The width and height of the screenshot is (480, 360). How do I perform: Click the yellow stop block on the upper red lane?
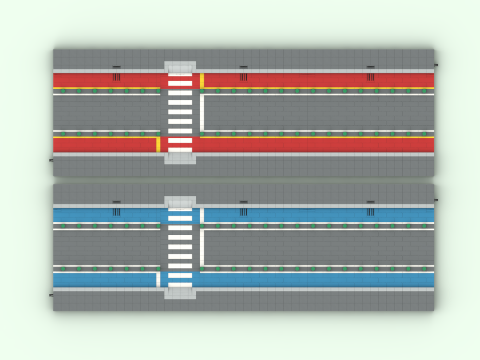click(202, 80)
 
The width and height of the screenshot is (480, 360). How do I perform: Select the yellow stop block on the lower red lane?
click(158, 144)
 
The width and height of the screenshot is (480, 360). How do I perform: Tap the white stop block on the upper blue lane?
click(202, 215)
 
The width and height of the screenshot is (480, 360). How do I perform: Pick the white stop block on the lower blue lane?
click(158, 279)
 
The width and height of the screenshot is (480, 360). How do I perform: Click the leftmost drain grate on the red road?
click(116, 77)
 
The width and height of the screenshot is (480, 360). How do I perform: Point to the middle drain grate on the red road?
click(243, 77)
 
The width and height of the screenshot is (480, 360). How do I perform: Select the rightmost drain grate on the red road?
click(370, 77)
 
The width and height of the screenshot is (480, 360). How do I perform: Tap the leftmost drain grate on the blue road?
click(116, 212)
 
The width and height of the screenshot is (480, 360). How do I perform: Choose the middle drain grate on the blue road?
click(243, 212)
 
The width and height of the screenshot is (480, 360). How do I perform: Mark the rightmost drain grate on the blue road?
click(370, 212)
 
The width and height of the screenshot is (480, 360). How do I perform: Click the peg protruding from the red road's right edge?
click(436, 64)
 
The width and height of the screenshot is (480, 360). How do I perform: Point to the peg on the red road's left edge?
click(51, 160)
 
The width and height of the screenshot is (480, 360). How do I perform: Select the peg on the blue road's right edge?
click(436, 200)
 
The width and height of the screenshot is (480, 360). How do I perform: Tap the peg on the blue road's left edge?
click(51, 295)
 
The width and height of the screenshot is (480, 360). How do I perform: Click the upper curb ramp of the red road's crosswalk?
click(180, 67)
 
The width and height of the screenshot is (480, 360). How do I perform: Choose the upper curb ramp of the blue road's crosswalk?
click(180, 202)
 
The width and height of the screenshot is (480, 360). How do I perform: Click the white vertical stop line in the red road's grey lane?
click(202, 113)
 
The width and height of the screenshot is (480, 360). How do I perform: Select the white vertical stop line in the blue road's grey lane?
click(202, 248)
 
